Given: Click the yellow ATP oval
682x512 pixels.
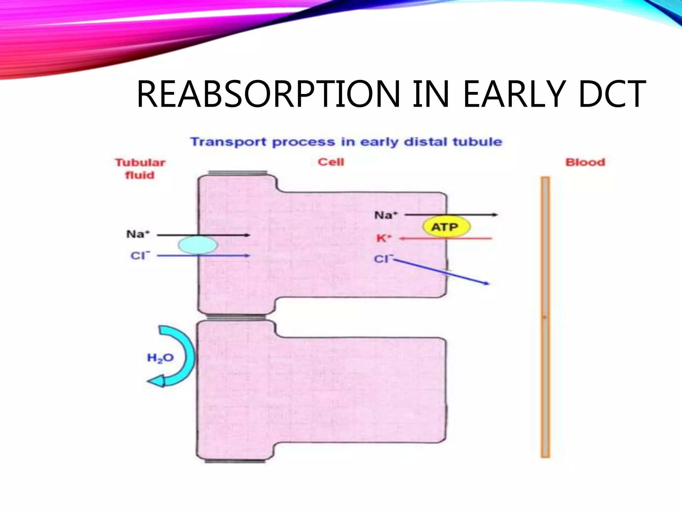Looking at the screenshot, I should [x=446, y=227].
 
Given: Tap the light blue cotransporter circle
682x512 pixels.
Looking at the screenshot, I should [x=198, y=245].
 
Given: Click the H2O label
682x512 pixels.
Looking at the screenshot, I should [x=160, y=358].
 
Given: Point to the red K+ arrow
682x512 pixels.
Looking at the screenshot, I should [x=446, y=239].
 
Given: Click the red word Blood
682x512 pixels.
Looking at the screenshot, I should [x=585, y=162].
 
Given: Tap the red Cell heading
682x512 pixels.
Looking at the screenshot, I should [x=331, y=162].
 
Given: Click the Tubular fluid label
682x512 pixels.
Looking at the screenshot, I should [x=140, y=169].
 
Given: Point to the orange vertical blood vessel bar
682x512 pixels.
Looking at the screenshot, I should [x=545, y=317].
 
